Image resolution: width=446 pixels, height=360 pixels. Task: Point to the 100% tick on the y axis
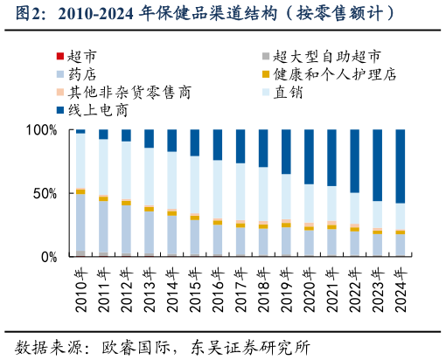tap(43, 130)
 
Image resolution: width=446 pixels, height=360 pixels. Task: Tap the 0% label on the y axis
tap(50, 257)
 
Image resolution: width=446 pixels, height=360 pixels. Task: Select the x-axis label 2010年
tap(80, 285)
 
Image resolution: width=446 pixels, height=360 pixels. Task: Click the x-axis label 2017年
tap(240, 285)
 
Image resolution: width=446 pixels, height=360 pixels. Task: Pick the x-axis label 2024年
tap(401, 285)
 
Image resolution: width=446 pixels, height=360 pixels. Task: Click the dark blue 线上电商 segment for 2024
tap(401, 166)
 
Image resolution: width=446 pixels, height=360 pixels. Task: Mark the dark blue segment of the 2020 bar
tap(309, 156)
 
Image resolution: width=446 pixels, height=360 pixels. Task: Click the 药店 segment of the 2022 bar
tap(354, 243)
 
